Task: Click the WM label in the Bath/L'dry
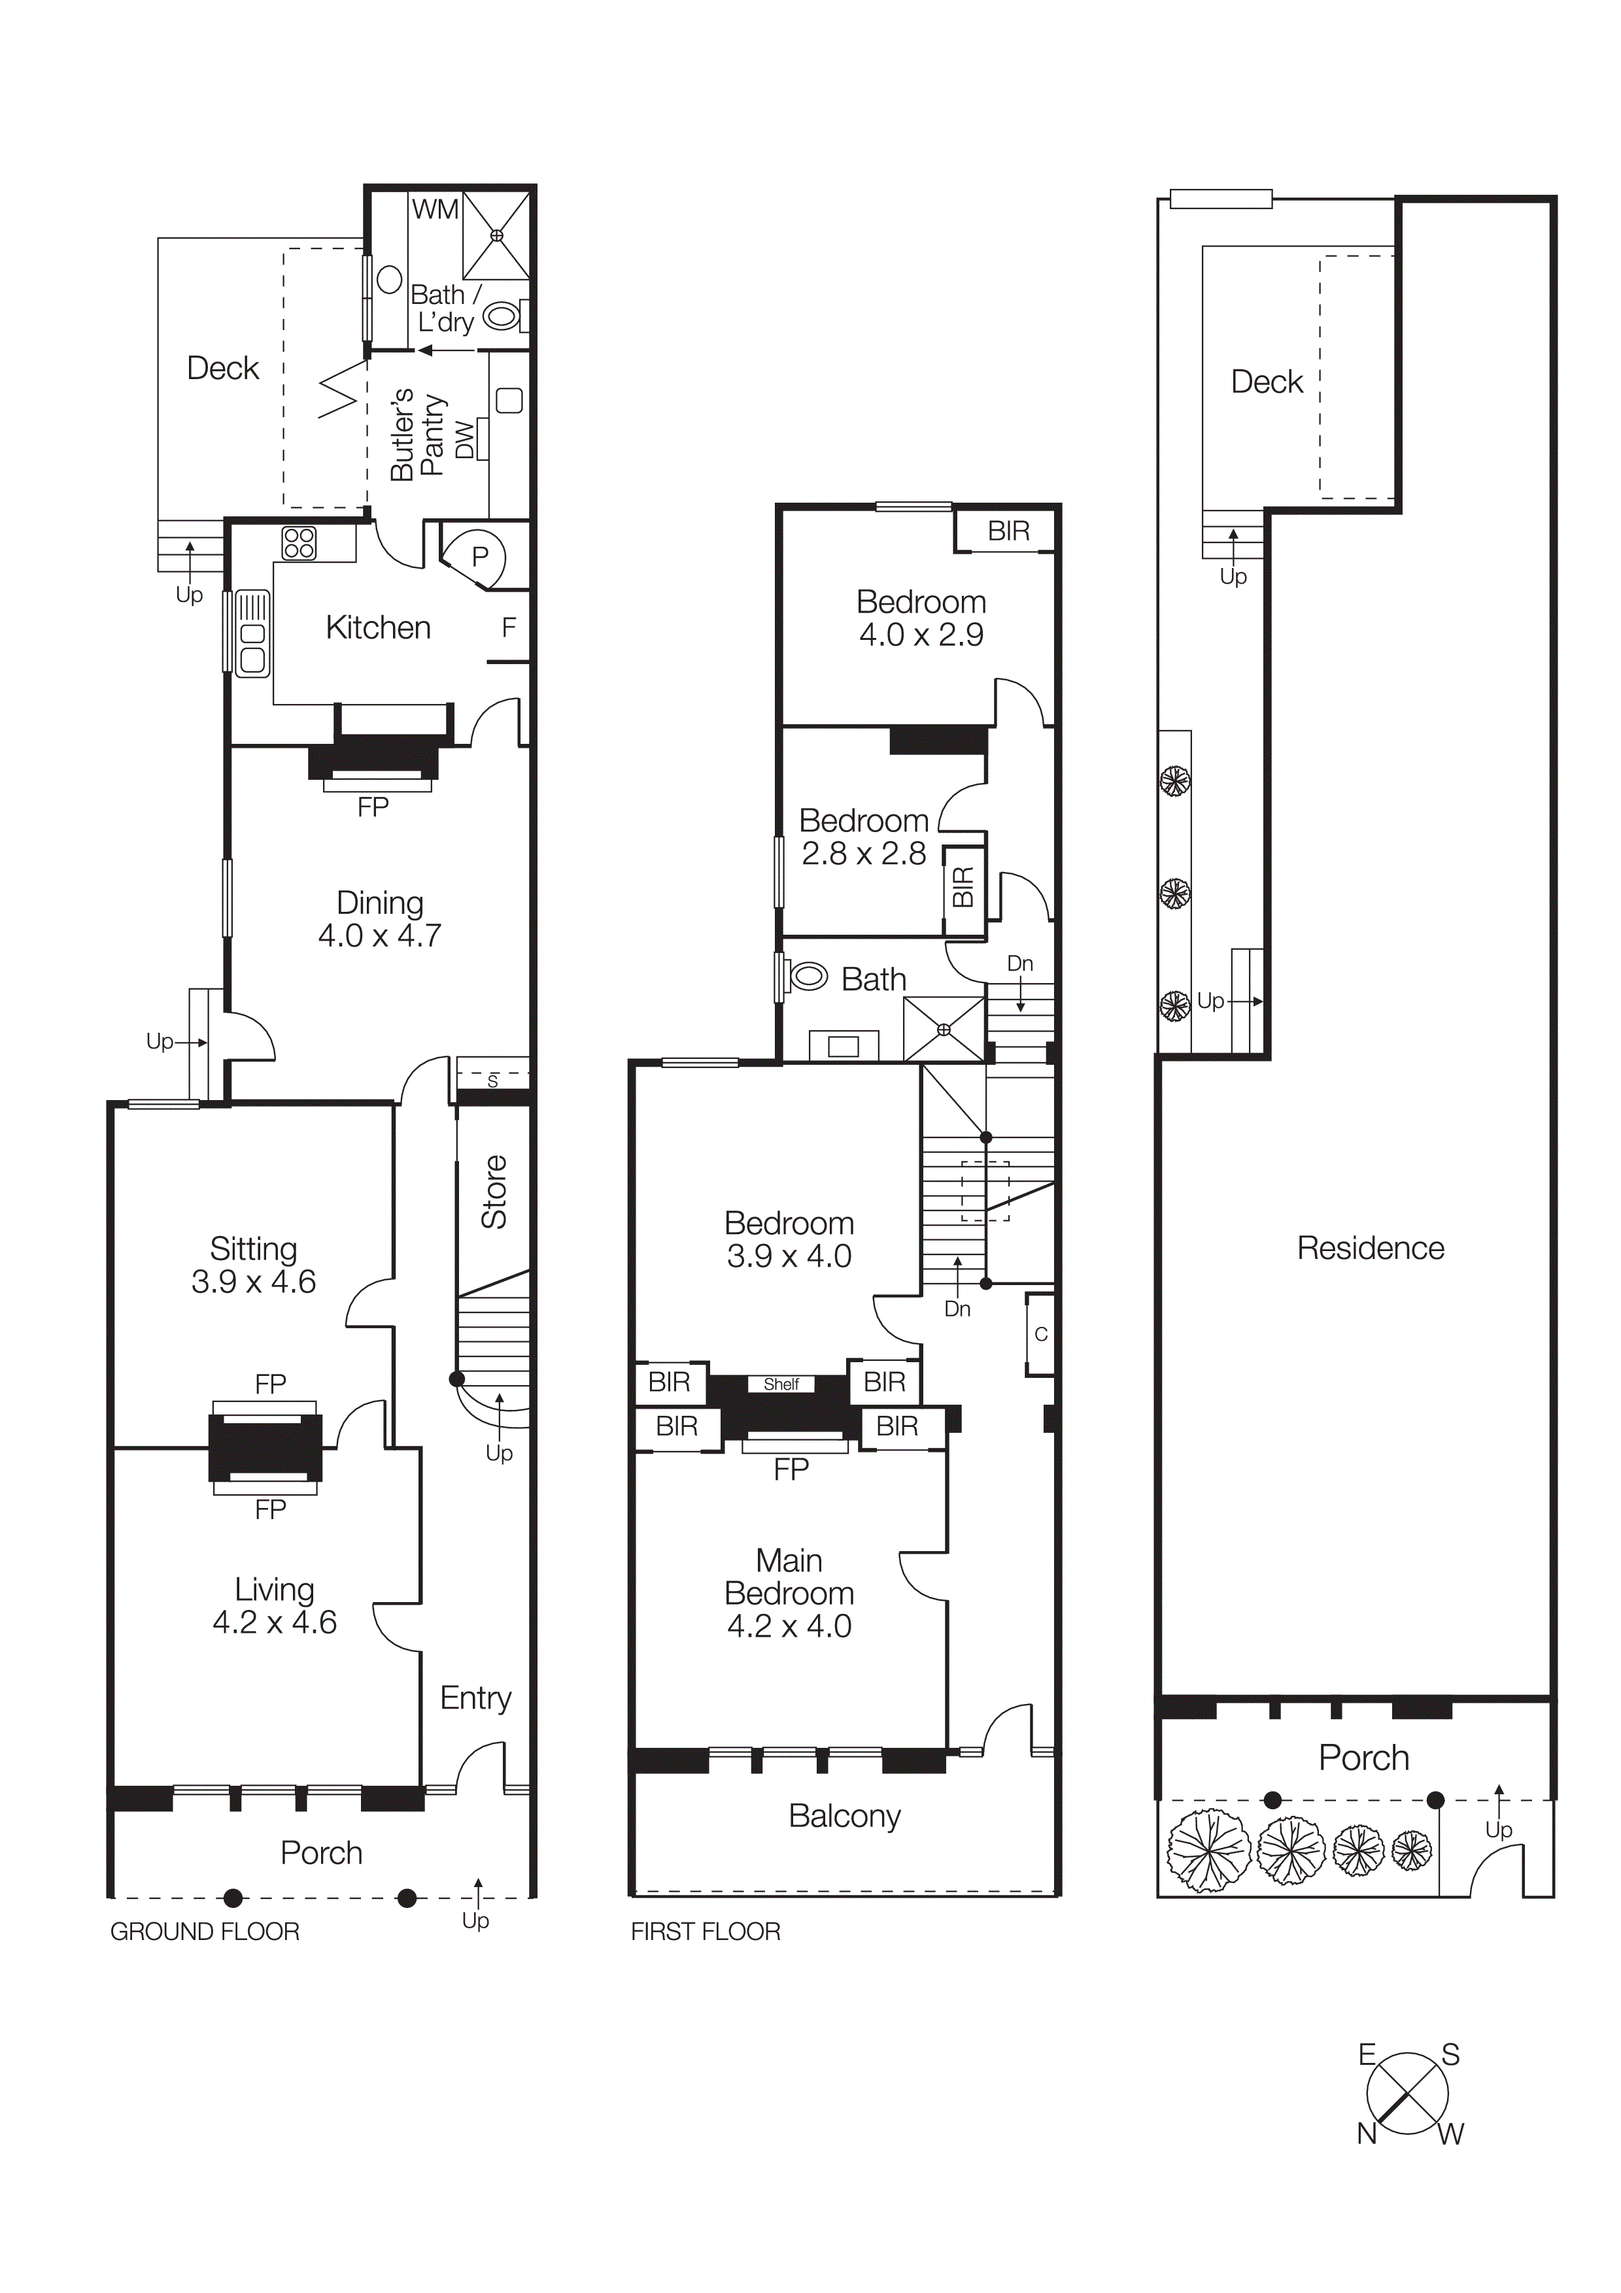click(435, 210)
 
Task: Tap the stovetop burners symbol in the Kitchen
click(299, 543)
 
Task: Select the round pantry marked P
click(479, 556)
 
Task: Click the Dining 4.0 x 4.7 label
click(379, 919)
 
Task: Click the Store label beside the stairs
click(494, 1192)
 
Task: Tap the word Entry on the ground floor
click(475, 1698)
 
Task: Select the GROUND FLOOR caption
click(205, 1932)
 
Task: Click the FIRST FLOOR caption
click(705, 1932)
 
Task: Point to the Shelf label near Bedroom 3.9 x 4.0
click(781, 1384)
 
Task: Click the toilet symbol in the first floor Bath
click(807, 976)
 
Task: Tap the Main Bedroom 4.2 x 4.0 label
click(789, 1593)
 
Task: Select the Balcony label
click(844, 1816)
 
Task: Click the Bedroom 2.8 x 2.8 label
click(864, 837)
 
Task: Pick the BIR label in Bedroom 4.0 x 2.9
click(1008, 531)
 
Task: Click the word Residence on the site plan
click(1371, 1248)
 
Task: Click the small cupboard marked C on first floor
click(1041, 1334)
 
